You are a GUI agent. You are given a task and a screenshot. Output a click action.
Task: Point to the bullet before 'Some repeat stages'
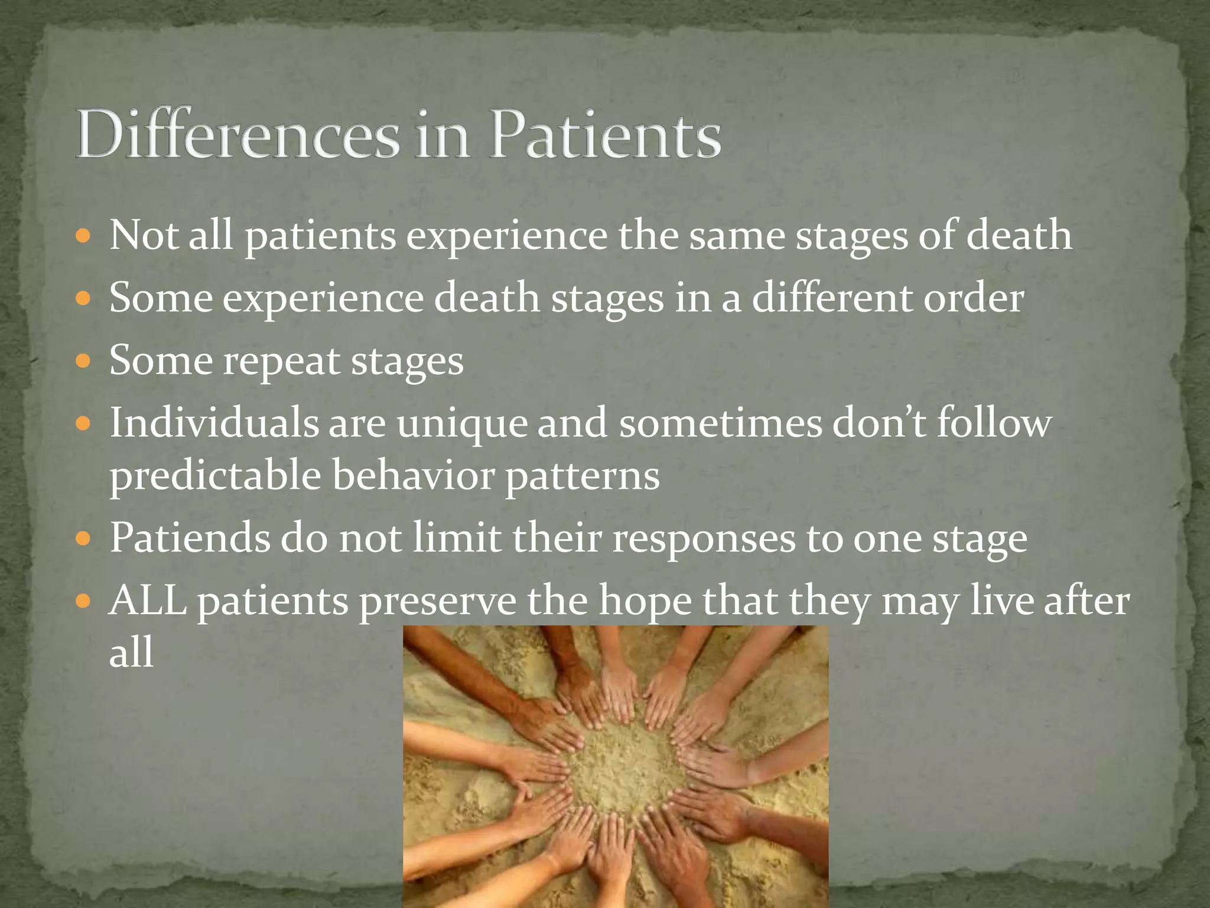84,361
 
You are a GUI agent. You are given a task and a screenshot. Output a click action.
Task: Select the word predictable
215,476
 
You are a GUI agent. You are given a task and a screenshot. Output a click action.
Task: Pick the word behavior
413,475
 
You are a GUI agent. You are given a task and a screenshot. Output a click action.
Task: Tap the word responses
704,539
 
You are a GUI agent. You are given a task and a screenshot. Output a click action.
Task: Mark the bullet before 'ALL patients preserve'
84,602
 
